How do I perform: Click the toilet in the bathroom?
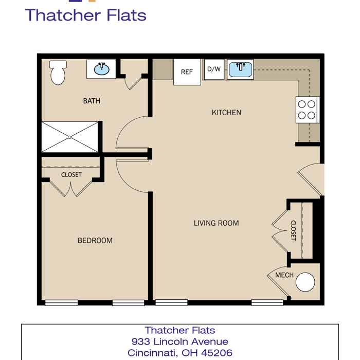(58, 73)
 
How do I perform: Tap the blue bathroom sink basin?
(102, 69)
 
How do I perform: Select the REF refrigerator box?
(187, 72)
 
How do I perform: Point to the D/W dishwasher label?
(214, 69)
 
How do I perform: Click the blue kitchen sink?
(240, 69)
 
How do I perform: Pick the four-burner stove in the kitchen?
(307, 110)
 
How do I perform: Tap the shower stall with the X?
(70, 137)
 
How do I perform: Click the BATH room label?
(92, 101)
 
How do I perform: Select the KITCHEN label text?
(226, 113)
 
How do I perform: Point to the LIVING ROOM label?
(217, 223)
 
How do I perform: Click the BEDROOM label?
(95, 240)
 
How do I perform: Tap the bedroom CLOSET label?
(71, 175)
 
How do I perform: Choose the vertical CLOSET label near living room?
(293, 230)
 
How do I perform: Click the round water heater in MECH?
(305, 282)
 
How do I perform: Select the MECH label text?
(284, 275)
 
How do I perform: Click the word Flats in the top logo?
(127, 15)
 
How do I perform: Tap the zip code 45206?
(217, 353)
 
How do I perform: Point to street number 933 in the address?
(140, 341)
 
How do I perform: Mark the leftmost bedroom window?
(62, 303)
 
